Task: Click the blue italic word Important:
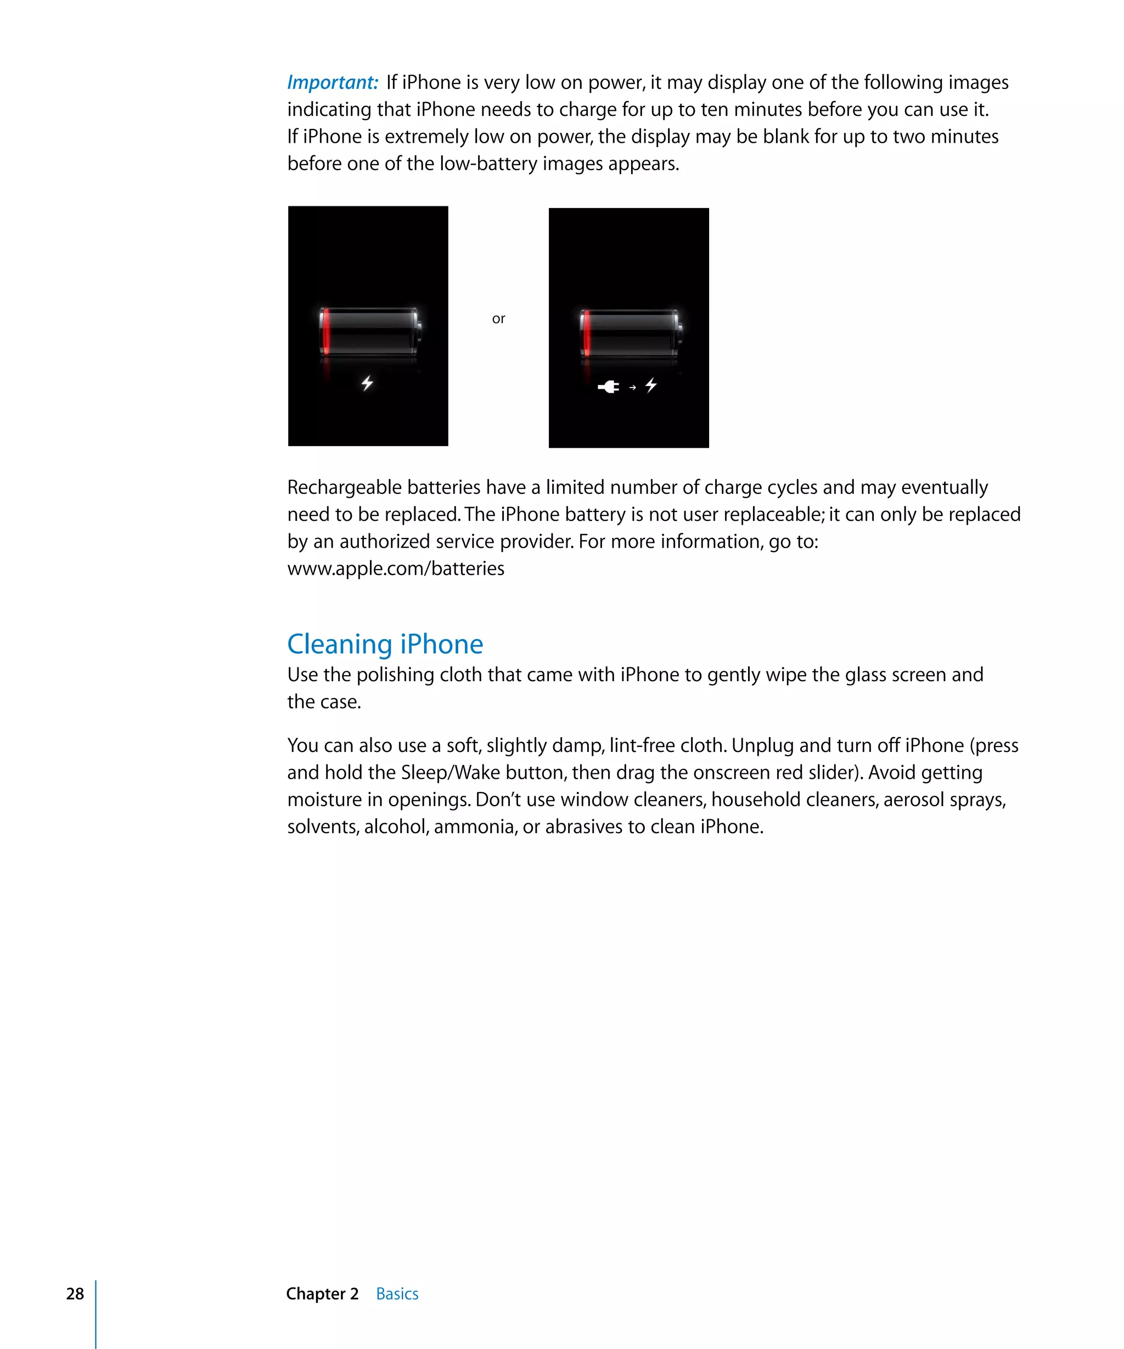tap(332, 83)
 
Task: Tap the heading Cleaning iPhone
tap(385, 644)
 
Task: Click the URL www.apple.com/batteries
tap(396, 569)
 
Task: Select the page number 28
tap(75, 1294)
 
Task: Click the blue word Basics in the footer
tap(397, 1294)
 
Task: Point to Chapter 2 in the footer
tap(322, 1294)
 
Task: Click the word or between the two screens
tap(498, 319)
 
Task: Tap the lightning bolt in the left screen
tap(367, 384)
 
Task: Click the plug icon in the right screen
tap(608, 387)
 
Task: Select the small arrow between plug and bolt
tap(633, 387)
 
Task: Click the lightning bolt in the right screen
tap(651, 385)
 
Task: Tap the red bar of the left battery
tap(327, 331)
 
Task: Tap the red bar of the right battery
tap(586, 333)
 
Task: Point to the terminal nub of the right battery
tap(680, 333)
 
